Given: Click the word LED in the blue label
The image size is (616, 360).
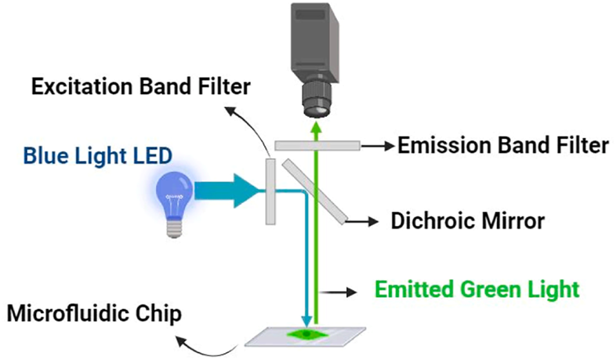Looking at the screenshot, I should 155,156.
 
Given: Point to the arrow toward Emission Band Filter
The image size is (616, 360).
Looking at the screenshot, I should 376,146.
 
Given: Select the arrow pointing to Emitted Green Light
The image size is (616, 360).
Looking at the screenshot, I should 341,292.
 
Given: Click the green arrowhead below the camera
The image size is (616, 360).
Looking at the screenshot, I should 316,129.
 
